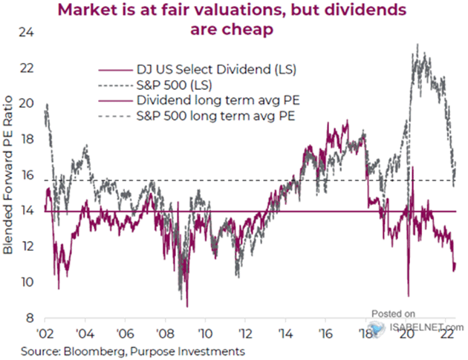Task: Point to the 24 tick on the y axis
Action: pyautogui.click(x=28, y=33)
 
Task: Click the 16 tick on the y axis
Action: pyautogui.click(x=28, y=176)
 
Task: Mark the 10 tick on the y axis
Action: pyautogui.click(x=28, y=282)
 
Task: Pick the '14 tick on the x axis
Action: pyautogui.click(x=285, y=333)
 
